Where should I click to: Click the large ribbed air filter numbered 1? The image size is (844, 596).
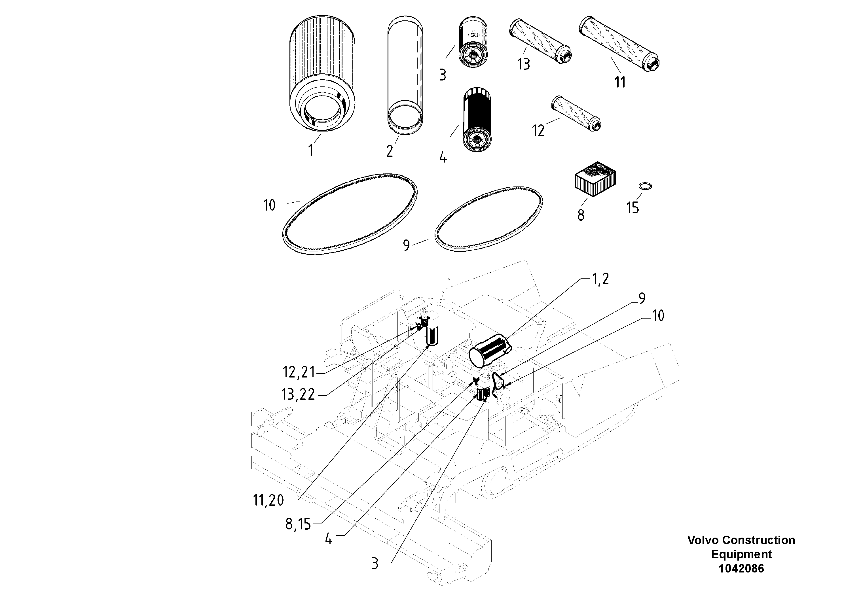point(322,73)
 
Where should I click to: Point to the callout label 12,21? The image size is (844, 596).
point(299,372)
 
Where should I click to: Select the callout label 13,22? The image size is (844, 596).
point(298,394)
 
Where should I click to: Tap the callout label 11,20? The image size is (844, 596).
point(269,500)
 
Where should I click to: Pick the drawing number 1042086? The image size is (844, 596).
point(741,569)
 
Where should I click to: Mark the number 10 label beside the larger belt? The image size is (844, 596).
point(269,205)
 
